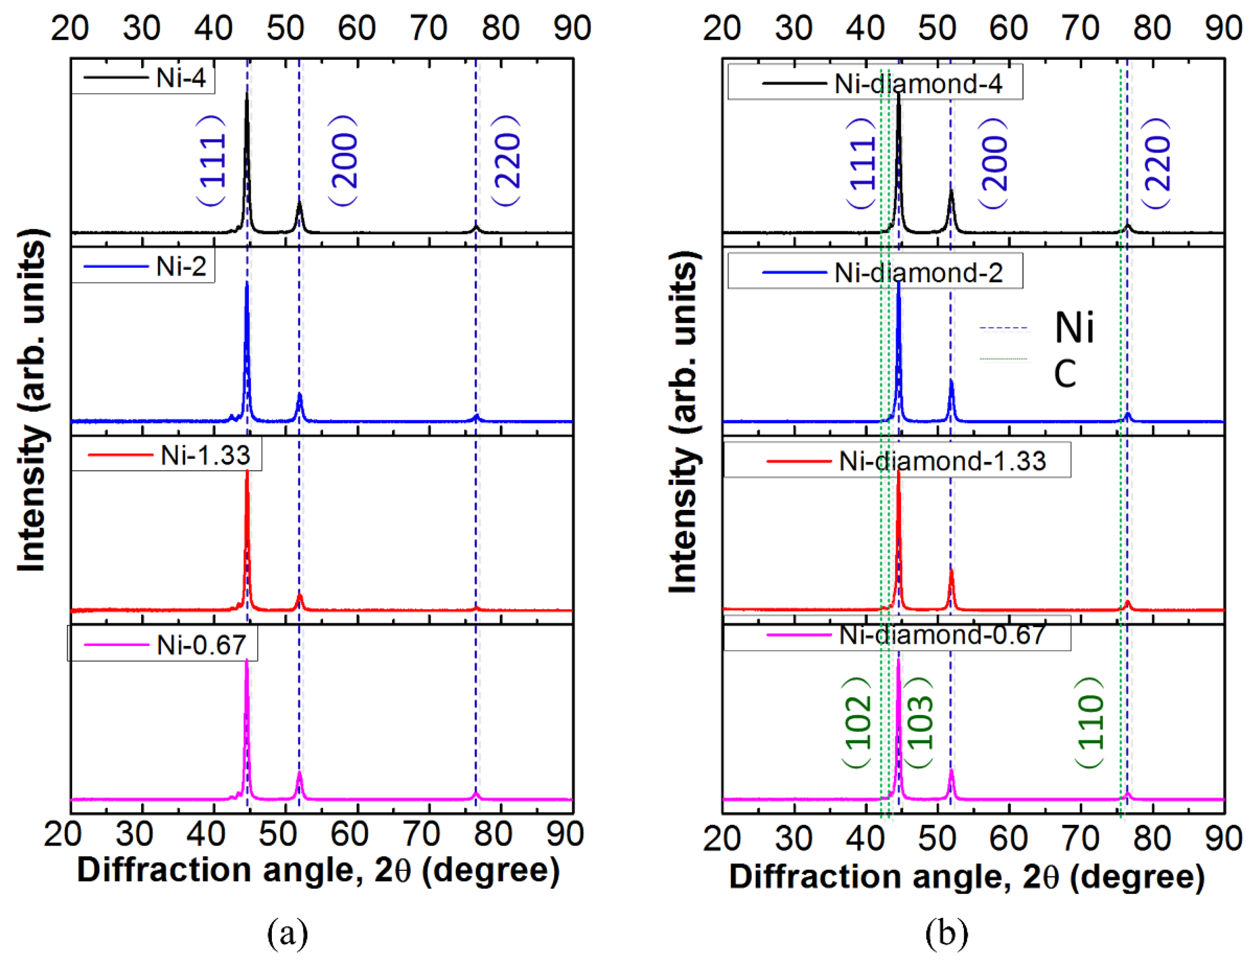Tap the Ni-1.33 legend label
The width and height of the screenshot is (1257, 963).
coord(205,455)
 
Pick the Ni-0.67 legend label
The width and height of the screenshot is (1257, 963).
coord(201,645)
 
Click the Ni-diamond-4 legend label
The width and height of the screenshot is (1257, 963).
coord(918,84)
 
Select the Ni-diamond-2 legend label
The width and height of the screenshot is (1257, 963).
coord(918,272)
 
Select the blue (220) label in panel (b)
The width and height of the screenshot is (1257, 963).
coord(1156,163)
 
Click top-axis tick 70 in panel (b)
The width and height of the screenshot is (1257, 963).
coord(1080,28)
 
